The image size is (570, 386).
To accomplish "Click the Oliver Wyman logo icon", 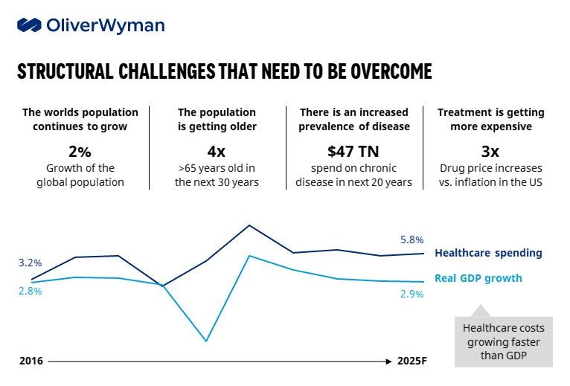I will [x=29, y=25].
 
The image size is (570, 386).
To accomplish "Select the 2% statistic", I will [x=80, y=151].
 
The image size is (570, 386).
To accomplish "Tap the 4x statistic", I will [x=217, y=151].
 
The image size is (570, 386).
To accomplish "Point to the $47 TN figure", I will [x=354, y=151].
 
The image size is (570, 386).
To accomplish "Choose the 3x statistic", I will [x=490, y=151].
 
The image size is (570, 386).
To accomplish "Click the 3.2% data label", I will [x=31, y=263].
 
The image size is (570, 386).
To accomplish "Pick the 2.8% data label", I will [x=31, y=291].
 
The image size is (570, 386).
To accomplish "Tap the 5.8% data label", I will [x=412, y=239].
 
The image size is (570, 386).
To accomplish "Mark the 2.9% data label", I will [x=412, y=294].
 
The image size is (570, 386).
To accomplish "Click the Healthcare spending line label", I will [x=488, y=253].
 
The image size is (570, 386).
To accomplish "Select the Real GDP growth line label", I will [x=478, y=278].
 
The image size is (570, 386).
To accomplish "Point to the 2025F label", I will [x=412, y=361].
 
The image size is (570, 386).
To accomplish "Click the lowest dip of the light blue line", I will [x=205, y=341].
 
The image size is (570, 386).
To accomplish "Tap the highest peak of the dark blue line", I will [x=249, y=225].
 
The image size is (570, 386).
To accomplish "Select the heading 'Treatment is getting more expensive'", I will [x=490, y=119].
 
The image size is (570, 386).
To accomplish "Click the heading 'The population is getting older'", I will [x=217, y=119].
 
